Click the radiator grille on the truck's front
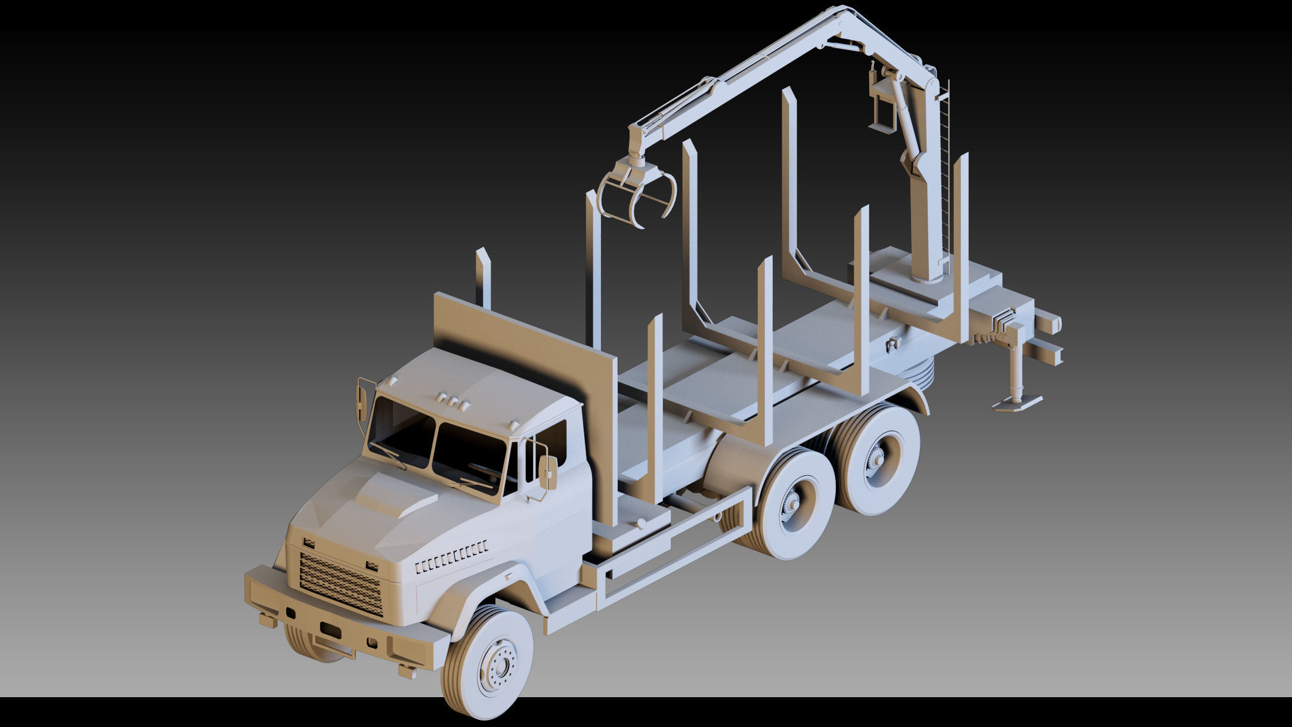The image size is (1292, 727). tap(340, 583)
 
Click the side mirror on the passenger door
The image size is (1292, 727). tap(547, 471)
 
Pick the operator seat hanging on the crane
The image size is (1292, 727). tap(882, 107)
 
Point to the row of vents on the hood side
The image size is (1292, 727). tap(451, 556)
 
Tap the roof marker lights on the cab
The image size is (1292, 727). tap(452, 401)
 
